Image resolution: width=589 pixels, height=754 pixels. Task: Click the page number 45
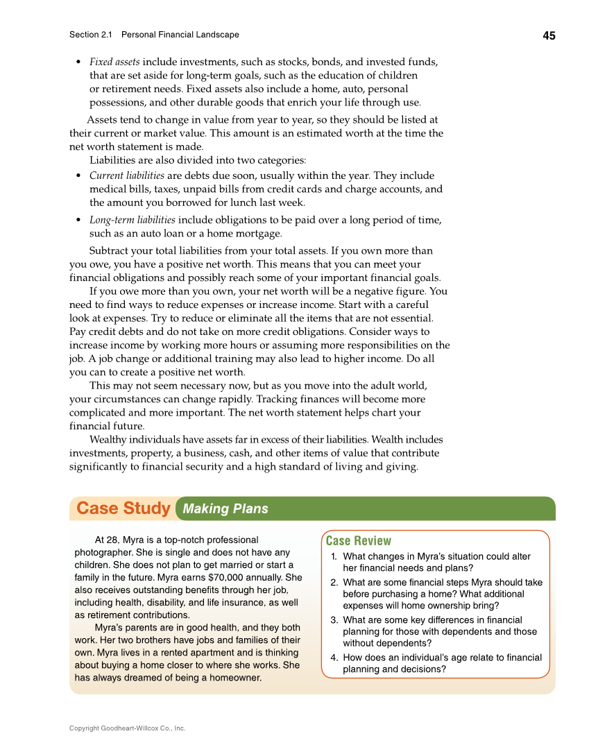tap(549, 36)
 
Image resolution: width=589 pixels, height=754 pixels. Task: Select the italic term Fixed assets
tap(114, 62)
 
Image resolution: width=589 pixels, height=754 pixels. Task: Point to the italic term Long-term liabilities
tap(133, 220)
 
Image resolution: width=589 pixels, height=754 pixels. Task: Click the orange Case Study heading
tap(123, 508)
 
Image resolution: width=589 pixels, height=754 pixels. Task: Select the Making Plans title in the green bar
tap(225, 509)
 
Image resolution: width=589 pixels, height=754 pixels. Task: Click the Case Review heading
tap(358, 541)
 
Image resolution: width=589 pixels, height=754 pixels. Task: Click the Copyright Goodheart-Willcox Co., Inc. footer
tap(127, 728)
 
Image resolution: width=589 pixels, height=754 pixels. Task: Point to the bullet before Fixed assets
tap(79, 62)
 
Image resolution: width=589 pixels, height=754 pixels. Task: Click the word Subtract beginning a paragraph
tap(110, 250)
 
